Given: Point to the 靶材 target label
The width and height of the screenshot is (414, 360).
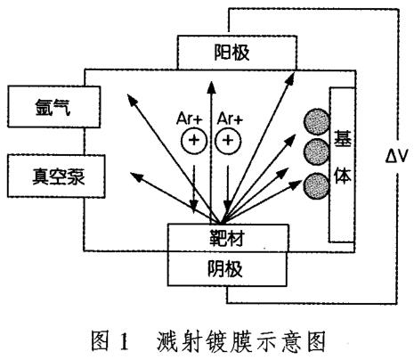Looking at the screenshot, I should point(227,238).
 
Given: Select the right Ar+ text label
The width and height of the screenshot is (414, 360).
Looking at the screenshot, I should point(231,117).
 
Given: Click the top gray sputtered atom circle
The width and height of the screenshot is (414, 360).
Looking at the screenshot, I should point(314,120).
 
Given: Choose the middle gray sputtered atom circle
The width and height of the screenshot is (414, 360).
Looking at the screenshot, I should point(314,152).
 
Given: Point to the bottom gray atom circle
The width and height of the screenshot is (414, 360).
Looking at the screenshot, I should point(314,185).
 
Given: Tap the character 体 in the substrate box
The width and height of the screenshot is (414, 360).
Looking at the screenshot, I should point(341,176).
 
